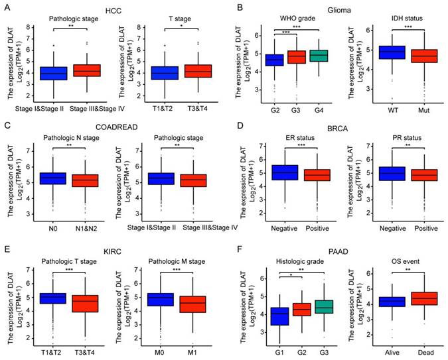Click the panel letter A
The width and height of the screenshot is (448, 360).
pyautogui.click(x=6, y=7)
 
